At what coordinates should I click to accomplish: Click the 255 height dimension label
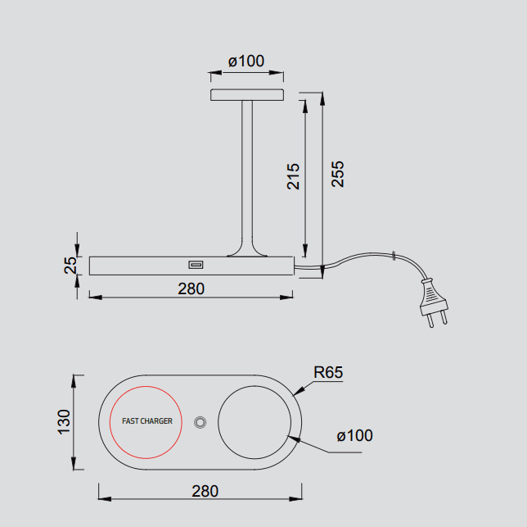point(338,174)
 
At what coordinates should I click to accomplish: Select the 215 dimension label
point(293,177)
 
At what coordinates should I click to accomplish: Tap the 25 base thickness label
point(70,266)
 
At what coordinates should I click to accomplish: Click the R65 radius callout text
point(328,372)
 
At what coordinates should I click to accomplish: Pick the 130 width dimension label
point(64,422)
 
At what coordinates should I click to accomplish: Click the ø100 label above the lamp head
point(246,61)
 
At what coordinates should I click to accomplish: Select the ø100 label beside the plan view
point(354,435)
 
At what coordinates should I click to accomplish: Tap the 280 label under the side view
point(191,288)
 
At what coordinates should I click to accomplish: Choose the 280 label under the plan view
point(205,491)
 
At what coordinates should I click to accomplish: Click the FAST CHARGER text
point(147,421)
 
